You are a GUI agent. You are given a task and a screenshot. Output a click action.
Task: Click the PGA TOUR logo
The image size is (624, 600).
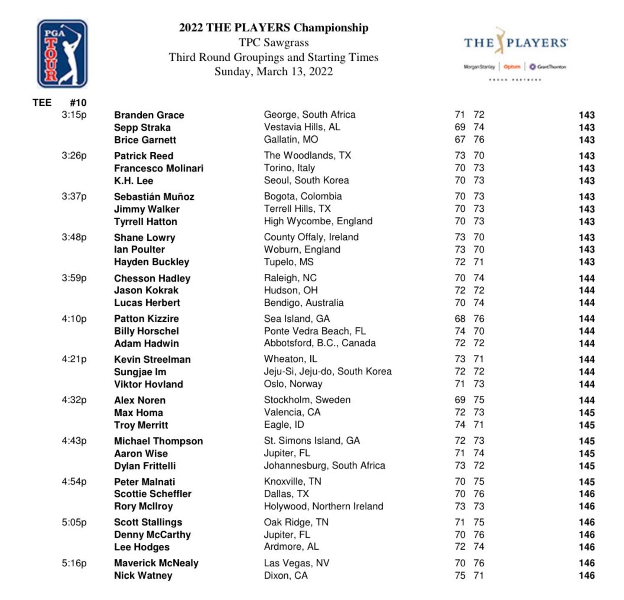point(62,53)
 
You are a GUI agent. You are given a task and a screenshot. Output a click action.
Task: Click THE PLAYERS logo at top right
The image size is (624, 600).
point(515,52)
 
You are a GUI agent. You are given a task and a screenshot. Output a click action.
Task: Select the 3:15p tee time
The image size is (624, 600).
point(74,115)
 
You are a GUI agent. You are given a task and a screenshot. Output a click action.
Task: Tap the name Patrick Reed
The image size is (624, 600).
point(143,156)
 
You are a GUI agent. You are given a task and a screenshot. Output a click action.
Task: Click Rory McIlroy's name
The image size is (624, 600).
point(143,506)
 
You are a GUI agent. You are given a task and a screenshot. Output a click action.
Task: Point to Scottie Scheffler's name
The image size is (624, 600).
point(153,494)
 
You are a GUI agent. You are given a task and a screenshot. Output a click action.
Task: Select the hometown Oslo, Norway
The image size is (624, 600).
point(293,384)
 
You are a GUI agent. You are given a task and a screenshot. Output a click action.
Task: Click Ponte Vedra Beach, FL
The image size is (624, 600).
point(315,331)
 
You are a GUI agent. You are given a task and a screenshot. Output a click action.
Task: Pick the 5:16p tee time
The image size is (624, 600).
point(74,563)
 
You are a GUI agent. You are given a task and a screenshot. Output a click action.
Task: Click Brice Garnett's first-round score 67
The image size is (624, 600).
point(460,140)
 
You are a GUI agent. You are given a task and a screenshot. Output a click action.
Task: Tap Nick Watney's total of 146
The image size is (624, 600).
point(586,576)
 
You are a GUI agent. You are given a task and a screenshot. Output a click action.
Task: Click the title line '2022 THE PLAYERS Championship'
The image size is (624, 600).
point(273,28)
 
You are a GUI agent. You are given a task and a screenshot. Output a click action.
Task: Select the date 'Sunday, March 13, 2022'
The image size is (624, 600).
point(273,72)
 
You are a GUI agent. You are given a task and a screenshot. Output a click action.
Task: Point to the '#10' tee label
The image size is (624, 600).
point(78,103)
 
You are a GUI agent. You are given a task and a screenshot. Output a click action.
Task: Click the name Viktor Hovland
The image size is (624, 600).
point(148,384)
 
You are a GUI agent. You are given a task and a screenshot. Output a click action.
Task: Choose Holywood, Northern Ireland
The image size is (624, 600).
point(323,506)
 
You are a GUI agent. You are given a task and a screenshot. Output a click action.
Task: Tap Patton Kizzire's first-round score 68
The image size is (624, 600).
point(460,319)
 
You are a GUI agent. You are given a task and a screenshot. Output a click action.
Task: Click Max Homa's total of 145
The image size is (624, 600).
point(586,413)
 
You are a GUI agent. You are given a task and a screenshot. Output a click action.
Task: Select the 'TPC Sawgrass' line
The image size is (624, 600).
point(273,43)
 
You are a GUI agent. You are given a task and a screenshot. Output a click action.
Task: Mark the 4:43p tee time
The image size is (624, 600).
point(74,441)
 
